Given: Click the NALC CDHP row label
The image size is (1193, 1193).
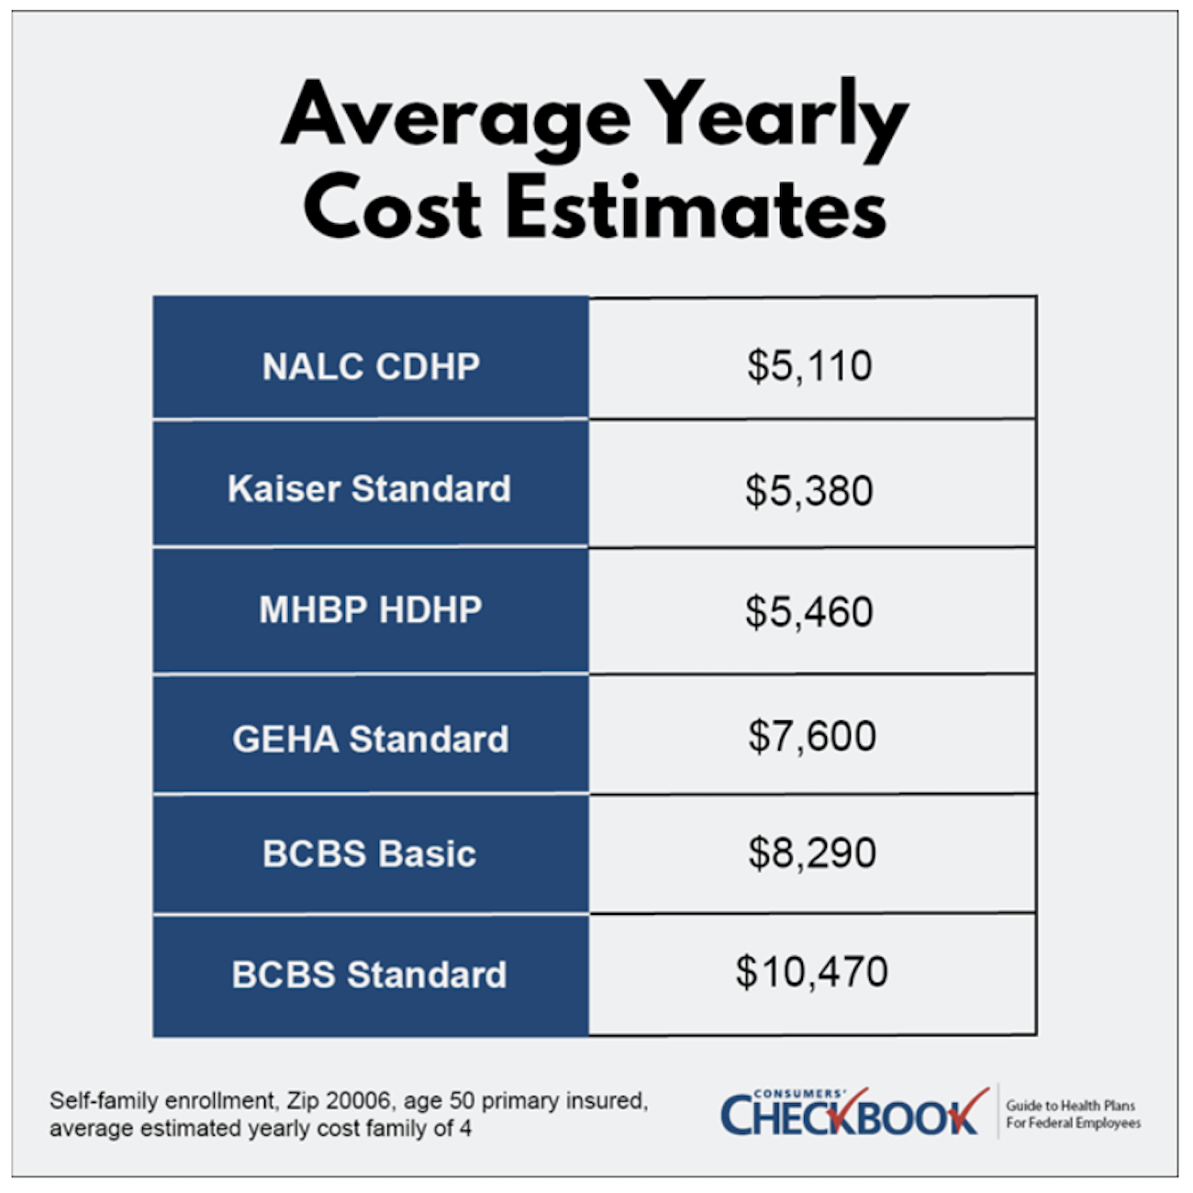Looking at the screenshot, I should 371,366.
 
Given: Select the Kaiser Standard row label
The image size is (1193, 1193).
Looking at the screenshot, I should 369,488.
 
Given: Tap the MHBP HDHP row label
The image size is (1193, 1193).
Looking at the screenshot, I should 371,609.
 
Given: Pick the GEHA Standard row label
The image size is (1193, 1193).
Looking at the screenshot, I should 371,739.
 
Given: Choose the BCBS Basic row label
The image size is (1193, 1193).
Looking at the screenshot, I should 369,853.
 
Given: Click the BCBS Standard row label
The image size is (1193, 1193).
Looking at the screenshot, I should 369,975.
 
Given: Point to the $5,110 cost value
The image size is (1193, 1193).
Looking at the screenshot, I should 809,366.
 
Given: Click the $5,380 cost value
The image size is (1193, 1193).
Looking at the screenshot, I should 809,490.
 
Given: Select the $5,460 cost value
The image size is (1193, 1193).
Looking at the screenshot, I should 809,612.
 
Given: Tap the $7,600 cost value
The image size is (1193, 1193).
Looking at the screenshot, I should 812,736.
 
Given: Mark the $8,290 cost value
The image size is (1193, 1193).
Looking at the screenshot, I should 812,853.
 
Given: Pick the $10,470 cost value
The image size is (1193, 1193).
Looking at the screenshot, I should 812,972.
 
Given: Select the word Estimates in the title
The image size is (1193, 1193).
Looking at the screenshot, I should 696,207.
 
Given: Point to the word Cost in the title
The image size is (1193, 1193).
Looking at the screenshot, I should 393,207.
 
